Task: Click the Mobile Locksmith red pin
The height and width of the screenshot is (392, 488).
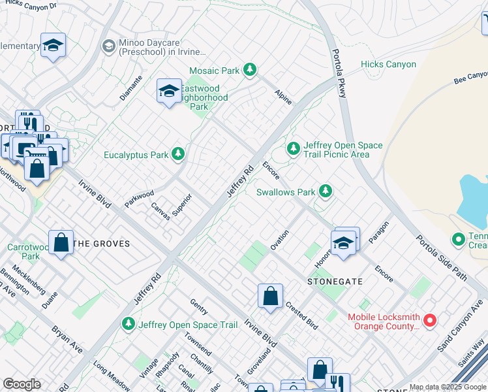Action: click(x=429, y=320)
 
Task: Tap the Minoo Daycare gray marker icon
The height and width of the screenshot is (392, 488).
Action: click(x=108, y=46)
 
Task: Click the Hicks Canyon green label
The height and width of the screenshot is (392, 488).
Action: click(x=388, y=64)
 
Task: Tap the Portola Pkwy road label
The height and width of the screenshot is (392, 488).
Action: click(x=338, y=74)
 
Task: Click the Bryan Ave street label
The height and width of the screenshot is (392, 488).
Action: click(x=68, y=338)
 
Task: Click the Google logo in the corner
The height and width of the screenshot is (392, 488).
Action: click(x=22, y=384)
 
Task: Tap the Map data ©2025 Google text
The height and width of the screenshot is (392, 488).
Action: click(x=448, y=387)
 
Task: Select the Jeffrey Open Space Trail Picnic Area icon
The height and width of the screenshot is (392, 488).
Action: click(x=294, y=150)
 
